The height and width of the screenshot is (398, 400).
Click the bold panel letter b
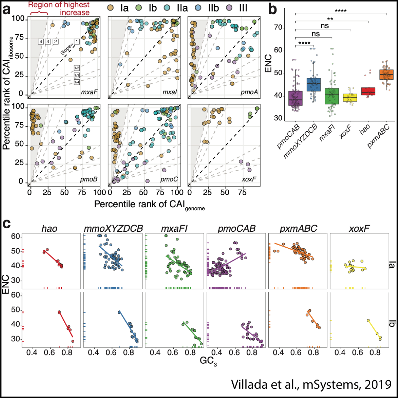click(273, 9)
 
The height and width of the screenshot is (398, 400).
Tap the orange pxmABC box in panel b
click(386, 75)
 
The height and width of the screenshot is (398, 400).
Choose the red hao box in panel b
click(368, 91)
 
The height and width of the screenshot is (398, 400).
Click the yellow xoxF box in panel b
click(350, 97)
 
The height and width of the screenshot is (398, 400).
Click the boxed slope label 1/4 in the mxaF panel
click(77, 82)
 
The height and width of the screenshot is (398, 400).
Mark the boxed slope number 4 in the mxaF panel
click(41, 42)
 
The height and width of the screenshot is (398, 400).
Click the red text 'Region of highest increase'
click(59, 8)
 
